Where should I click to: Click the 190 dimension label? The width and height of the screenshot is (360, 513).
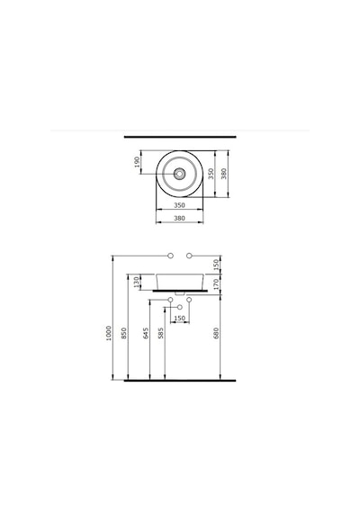pos(137,162)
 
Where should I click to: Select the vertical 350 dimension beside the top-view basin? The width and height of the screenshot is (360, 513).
pos(211,174)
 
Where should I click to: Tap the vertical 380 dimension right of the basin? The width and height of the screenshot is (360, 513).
pos(224,174)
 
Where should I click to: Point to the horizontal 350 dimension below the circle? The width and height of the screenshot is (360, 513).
pos(179,205)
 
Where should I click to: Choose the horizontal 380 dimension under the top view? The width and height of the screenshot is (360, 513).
pos(179,218)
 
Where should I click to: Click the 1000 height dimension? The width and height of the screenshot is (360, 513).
pos(109,333)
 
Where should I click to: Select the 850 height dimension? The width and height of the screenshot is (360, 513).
pos(124,333)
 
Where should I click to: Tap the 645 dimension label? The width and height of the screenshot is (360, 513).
pos(146,333)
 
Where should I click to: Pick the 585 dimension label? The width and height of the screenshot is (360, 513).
pos(161,333)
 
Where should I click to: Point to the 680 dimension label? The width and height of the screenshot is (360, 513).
pos(216,333)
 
